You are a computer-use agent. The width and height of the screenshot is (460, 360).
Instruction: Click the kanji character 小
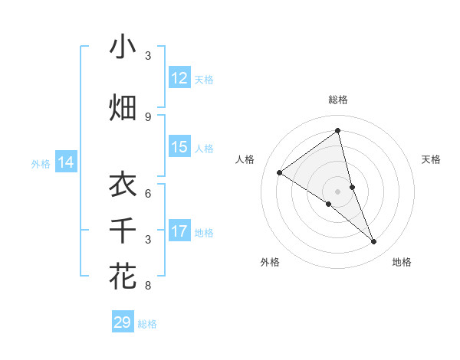[x=123, y=47]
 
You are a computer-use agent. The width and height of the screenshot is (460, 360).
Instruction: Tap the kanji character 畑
[x=123, y=107]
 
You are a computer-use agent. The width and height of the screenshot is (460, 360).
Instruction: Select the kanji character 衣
[x=123, y=185]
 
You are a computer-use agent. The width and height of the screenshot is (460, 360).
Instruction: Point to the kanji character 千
[x=123, y=230]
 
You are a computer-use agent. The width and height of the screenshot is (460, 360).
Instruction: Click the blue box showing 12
[x=179, y=78]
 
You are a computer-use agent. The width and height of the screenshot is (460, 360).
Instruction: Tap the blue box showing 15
[x=179, y=147]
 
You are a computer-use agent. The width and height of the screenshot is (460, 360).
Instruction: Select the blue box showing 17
[x=179, y=231]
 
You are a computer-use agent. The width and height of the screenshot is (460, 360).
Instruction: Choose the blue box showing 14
[x=66, y=162]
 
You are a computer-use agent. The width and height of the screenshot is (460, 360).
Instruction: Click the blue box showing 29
[x=123, y=322]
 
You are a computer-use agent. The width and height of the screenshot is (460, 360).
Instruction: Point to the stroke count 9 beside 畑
[x=148, y=117]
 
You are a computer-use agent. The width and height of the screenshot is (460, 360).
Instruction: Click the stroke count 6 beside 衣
[x=148, y=193]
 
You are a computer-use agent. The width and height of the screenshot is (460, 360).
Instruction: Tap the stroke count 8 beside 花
[x=148, y=286]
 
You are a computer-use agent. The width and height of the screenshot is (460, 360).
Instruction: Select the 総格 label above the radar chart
[x=338, y=100]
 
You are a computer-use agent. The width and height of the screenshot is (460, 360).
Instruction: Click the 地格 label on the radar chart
[x=402, y=262]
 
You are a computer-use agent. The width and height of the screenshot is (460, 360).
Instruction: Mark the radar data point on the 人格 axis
[x=280, y=172]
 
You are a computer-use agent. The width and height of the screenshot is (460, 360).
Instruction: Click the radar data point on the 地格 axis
[x=373, y=242]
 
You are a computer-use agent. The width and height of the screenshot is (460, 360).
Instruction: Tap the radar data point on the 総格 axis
[x=338, y=131]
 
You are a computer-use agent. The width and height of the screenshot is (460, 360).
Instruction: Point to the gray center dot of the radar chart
[x=338, y=191]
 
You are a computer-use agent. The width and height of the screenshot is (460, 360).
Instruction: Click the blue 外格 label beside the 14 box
[x=40, y=163]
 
